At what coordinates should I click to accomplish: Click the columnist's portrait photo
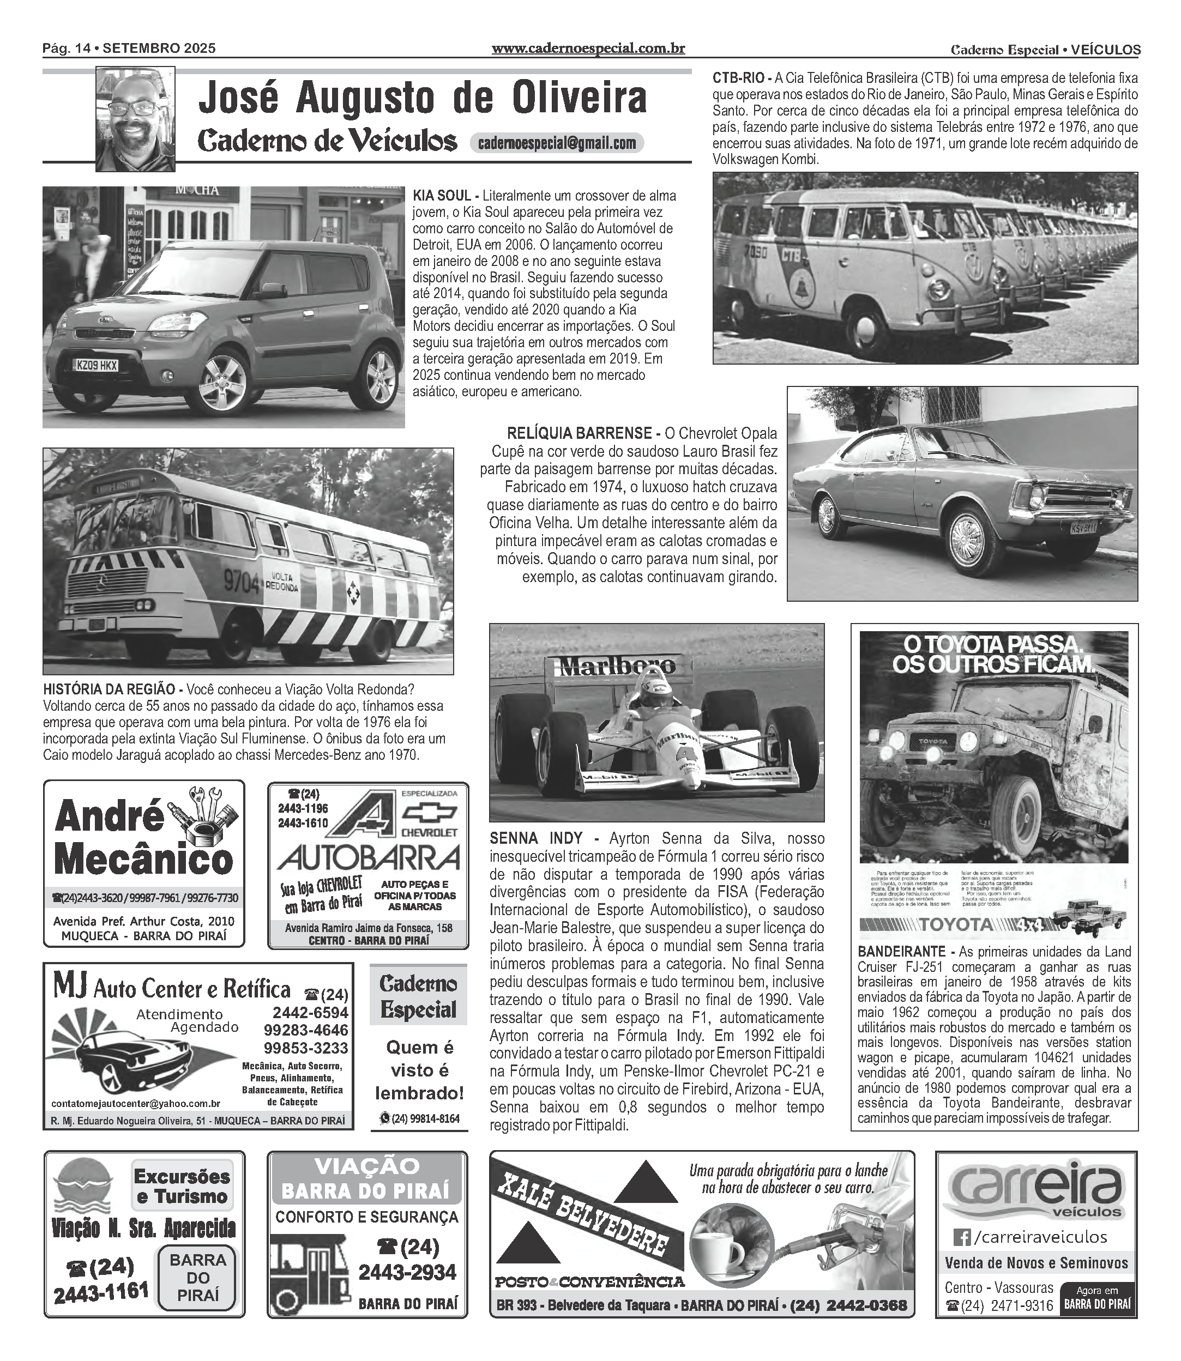135,119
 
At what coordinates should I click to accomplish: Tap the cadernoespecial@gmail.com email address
556,143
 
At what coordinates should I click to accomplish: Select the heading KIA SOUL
442,196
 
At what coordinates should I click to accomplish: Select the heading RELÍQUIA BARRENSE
579,433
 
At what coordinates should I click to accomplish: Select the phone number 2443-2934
407,1272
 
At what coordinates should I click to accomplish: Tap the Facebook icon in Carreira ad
962,1238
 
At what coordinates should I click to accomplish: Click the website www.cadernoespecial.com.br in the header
588,48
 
